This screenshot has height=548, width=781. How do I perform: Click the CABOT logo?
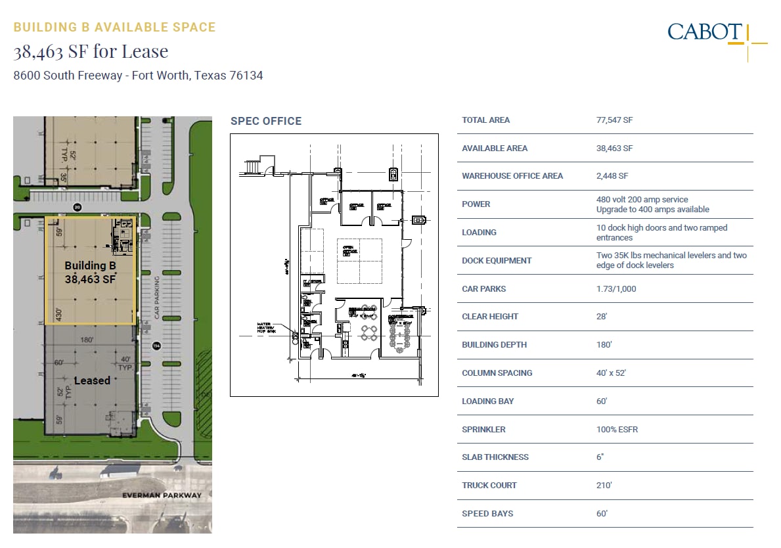705,32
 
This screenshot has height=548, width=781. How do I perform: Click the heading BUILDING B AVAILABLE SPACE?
114,28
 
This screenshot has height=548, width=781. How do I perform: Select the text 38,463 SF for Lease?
91,51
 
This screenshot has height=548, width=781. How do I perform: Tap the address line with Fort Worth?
138,76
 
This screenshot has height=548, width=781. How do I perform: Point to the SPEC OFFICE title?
265,121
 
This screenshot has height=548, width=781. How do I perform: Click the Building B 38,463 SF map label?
90,272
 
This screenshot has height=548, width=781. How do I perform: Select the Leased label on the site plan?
92,380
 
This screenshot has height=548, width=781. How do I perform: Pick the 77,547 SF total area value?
614,120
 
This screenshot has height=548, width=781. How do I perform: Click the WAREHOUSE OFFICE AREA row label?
503,176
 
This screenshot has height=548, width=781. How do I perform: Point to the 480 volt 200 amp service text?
642,200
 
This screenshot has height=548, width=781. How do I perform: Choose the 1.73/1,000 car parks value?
616,289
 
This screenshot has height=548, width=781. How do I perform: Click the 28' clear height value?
602,317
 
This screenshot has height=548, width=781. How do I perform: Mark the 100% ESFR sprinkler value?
617,430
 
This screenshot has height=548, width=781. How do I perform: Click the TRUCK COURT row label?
489,486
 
